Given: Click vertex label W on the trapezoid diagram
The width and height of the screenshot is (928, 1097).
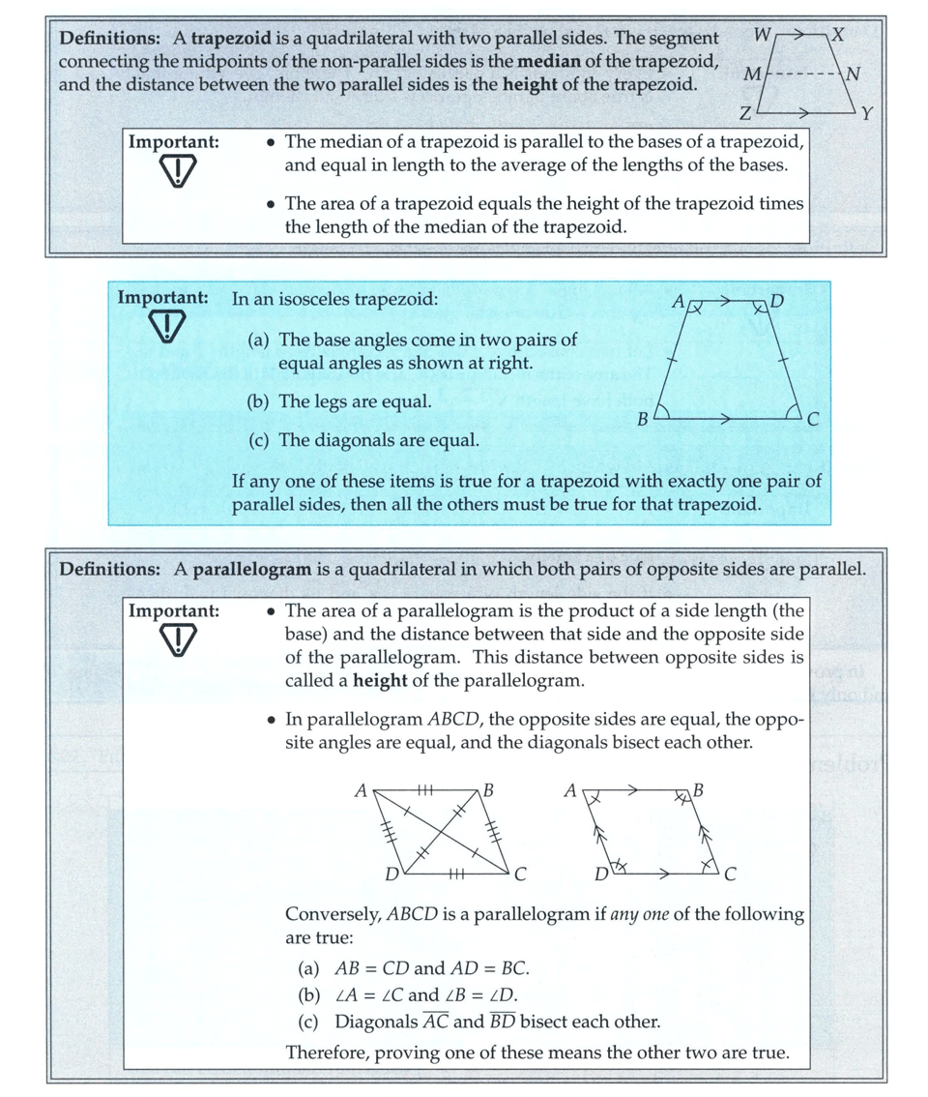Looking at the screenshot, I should coord(762,36).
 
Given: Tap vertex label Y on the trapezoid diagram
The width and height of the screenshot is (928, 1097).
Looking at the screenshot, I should coord(867,113).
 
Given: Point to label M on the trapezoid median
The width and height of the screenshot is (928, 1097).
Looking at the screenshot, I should coord(751,74).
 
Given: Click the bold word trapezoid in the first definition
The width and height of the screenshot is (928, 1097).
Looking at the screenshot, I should coord(227,39).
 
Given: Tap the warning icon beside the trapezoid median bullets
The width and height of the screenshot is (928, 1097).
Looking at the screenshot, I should coord(176,172).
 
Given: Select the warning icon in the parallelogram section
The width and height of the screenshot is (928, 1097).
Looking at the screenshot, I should coord(176,640).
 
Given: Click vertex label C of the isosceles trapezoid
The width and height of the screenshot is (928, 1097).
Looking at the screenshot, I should coord(813,420).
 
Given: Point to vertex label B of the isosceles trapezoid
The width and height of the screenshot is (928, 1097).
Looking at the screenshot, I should coord(642,420).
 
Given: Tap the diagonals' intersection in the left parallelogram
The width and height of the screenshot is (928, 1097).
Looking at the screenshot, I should coord(442,831).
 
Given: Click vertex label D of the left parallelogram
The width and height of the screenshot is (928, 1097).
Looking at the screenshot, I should coord(391,875).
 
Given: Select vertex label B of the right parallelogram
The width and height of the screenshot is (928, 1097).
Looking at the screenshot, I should coord(699,790).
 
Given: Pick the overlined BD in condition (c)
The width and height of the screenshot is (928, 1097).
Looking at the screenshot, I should coord(501,1022).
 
